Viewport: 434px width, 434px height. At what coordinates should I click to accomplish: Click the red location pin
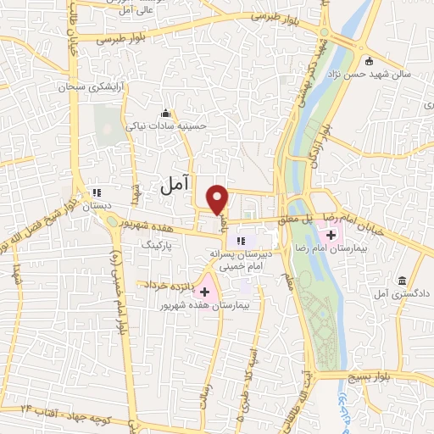click(x=219, y=199)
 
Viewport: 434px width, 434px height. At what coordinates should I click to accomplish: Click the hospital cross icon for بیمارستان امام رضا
click(x=330, y=233)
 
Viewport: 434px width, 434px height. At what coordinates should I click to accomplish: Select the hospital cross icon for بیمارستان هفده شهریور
click(x=204, y=291)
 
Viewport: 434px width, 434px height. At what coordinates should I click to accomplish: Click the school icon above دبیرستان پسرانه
click(x=242, y=241)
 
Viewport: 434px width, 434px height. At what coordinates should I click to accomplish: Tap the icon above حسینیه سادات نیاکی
click(x=165, y=114)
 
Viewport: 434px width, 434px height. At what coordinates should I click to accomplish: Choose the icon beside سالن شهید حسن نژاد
click(x=369, y=61)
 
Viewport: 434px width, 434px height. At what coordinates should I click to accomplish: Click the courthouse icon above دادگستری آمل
click(x=401, y=281)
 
